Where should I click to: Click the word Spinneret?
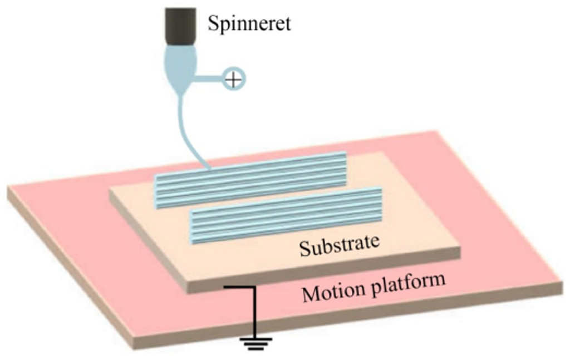[249, 24]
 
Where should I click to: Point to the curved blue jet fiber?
[186, 128]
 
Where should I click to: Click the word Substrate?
[340, 245]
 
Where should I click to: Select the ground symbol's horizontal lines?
[253, 342]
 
